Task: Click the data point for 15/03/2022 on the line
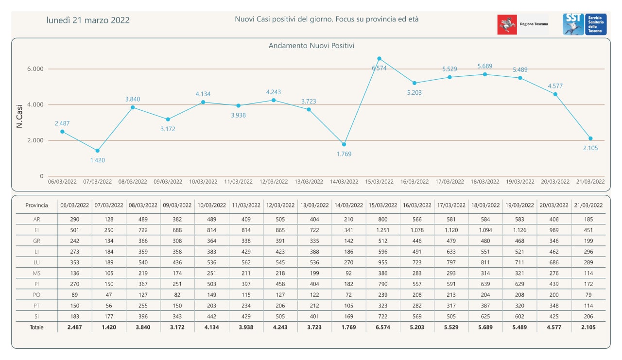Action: tap(379, 58)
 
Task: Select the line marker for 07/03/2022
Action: tap(97, 151)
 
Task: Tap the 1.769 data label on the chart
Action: tap(344, 154)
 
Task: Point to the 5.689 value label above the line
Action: tap(485, 66)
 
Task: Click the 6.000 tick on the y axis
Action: tap(35, 69)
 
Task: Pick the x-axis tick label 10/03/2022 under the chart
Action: tap(203, 182)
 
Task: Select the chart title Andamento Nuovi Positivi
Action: tap(311, 46)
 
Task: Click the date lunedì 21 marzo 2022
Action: tap(88, 20)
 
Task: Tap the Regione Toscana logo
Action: tap(523, 24)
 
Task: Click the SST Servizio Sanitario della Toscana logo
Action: tap(585, 24)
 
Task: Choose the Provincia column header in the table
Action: tap(37, 205)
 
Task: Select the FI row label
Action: tap(37, 229)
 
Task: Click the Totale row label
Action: tap(37, 327)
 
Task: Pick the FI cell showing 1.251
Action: tap(382, 229)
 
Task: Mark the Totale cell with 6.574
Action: tap(382, 327)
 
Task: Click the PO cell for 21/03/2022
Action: tap(588, 294)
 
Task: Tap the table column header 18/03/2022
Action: tap(485, 205)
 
